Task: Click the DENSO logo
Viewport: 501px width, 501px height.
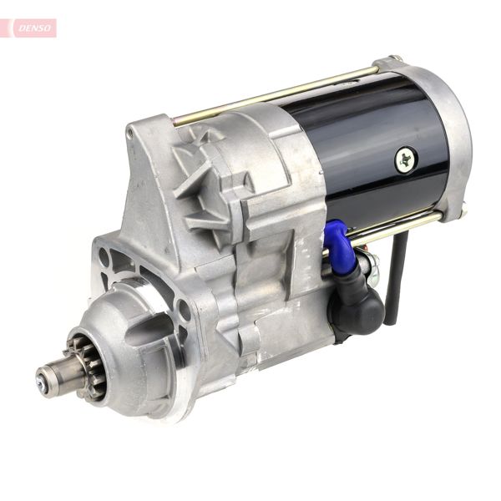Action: (x=34, y=28)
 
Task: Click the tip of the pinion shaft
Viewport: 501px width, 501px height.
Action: (x=42, y=381)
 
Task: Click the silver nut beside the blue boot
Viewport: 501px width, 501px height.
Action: (x=370, y=266)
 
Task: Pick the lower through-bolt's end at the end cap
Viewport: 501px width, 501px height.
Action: (x=461, y=213)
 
